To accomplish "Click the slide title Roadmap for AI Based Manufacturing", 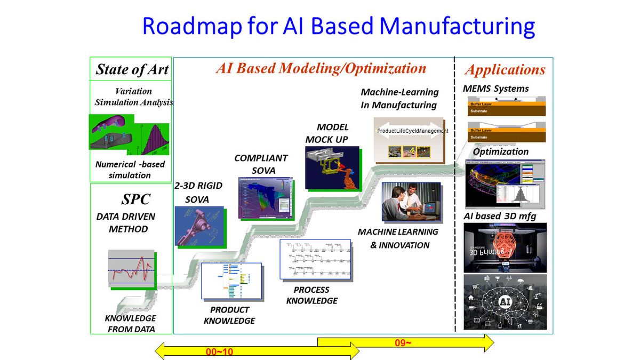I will click(x=338, y=26).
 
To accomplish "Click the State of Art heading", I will click(x=132, y=69).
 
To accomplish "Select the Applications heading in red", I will click(x=505, y=70).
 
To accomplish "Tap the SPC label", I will click(x=136, y=199).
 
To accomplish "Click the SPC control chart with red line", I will click(x=131, y=269).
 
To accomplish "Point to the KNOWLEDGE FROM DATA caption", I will click(x=131, y=324).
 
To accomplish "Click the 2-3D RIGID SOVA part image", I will click(x=199, y=226).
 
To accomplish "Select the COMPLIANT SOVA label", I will click(x=261, y=164).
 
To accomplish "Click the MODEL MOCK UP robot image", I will click(x=332, y=167).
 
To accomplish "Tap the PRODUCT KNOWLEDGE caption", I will click(x=229, y=315).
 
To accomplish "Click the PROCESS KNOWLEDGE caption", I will click(x=312, y=295).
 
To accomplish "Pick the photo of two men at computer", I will click(x=411, y=202).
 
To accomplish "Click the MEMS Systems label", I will click(x=495, y=89).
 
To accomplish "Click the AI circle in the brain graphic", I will click(x=505, y=302).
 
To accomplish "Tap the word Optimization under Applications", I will click(x=501, y=151).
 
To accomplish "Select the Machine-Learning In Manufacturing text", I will click(x=399, y=99).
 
